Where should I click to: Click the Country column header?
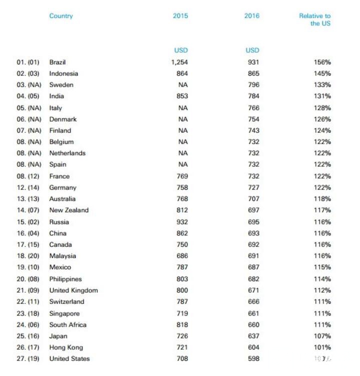61,16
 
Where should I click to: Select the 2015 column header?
180,16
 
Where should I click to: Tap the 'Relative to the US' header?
315,20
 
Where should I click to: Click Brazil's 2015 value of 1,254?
179,62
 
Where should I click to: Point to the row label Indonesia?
64,74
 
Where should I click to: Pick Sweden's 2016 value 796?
253,85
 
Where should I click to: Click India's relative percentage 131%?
322,96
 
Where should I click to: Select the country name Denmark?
63,119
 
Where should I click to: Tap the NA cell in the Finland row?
183,130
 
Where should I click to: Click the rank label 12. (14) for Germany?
29,187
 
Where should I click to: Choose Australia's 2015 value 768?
182,199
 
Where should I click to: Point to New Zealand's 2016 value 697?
253,210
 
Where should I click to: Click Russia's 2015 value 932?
182,222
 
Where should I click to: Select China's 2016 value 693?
253,233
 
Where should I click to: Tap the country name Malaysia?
63,256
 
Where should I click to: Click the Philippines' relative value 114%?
322,279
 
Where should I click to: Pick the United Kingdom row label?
73,290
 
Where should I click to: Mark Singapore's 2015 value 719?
182,313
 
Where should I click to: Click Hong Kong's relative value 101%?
322,347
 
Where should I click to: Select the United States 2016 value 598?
253,358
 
